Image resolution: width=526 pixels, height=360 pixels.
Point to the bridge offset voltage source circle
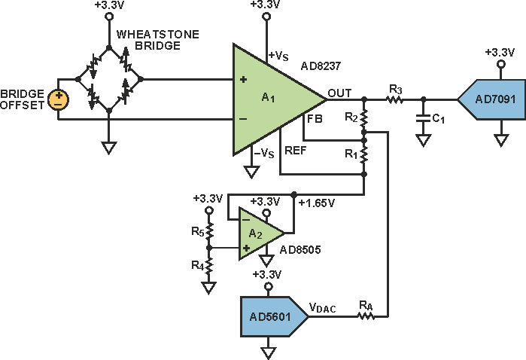coord(56,99)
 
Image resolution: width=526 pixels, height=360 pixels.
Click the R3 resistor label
coord(394,90)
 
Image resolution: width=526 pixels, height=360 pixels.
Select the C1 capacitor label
coord(438,117)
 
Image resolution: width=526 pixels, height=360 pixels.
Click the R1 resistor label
coord(350,154)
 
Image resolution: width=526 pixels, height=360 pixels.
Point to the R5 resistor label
coord(196,230)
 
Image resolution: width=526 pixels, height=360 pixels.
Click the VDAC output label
coord(323,307)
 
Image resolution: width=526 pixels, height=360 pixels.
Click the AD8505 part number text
coord(300,250)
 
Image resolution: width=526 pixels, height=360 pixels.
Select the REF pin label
coord(295,148)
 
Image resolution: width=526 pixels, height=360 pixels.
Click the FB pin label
coord(314,119)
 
